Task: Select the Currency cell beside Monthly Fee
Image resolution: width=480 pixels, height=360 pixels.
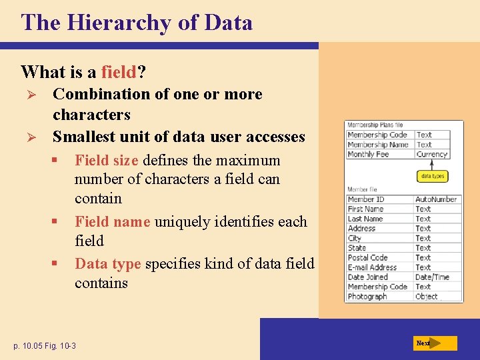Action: pos(431,154)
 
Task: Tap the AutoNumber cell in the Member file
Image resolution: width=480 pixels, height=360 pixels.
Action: pos(436,199)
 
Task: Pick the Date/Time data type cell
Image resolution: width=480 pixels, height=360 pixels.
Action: pos(432,277)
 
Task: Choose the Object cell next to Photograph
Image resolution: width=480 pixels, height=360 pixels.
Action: pos(427,297)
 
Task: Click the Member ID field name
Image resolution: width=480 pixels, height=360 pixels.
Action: pos(366,199)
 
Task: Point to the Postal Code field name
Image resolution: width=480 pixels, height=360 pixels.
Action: pos(367,257)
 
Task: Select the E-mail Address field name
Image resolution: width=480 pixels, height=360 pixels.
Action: pos(372,267)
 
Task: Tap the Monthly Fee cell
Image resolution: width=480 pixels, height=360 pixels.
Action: pos(368,154)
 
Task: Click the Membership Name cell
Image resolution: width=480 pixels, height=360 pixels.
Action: pos(377,145)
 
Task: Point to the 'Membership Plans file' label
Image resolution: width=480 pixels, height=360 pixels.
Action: pos(374,125)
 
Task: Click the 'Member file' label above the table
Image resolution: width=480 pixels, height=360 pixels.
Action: pos(362,190)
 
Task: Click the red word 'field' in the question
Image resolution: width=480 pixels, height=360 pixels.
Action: pos(119,71)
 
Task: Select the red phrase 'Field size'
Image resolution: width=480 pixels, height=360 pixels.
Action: pos(107,160)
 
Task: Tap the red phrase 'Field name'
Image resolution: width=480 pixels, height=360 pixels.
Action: pos(112,221)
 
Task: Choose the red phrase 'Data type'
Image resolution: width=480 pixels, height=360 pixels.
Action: pos(107,263)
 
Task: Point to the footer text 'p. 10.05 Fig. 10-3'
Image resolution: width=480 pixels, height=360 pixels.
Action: pos(45,345)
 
